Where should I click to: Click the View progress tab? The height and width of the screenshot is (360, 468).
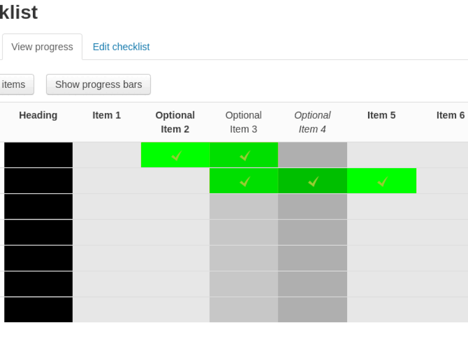(42, 47)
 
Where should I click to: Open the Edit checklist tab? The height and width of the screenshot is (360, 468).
(121, 47)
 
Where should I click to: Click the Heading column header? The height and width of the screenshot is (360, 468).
(38, 115)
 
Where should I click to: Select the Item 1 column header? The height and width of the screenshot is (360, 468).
(106, 115)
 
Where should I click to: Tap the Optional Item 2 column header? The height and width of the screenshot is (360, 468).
(175, 122)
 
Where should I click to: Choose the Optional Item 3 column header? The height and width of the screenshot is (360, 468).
(244, 122)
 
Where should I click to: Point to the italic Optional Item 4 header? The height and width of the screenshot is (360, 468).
(312, 122)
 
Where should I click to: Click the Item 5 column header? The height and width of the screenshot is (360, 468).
(381, 115)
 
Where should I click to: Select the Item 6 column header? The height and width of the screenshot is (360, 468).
(450, 115)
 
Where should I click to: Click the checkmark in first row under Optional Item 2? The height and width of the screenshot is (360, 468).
(177, 156)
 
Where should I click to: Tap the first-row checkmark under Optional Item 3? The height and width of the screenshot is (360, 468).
(245, 156)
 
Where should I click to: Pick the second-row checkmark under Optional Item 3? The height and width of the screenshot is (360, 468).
(245, 182)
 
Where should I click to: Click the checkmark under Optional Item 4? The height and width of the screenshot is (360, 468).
(313, 182)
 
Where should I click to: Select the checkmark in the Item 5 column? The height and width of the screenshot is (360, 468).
(382, 182)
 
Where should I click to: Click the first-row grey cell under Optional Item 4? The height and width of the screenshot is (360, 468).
(312, 155)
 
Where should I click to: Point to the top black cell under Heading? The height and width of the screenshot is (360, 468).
(38, 155)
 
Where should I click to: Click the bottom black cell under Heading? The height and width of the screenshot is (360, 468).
(38, 310)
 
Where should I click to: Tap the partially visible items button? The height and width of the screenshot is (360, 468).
(15, 85)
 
